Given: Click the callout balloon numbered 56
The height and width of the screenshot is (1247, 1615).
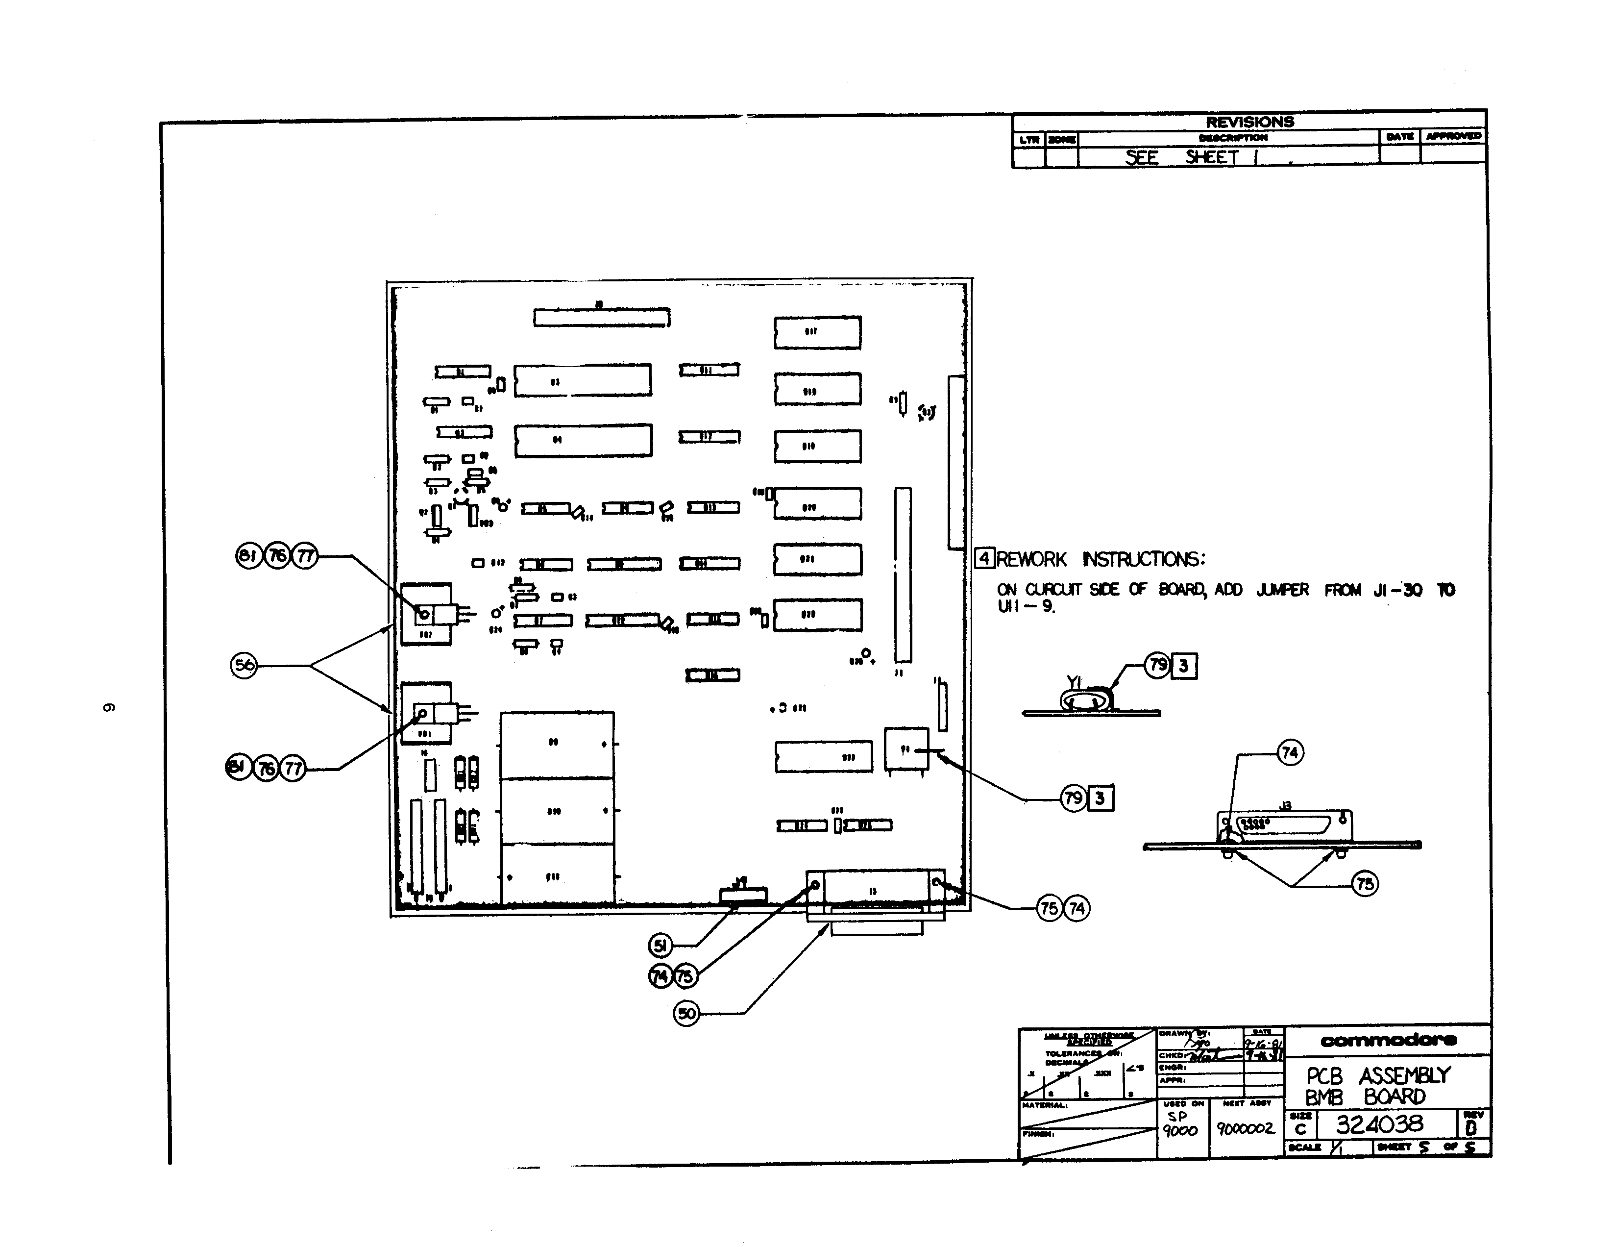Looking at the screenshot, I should click(x=244, y=665).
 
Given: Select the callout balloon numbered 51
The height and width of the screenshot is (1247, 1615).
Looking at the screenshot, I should click(x=661, y=945).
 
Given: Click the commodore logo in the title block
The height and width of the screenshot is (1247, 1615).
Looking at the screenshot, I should click(x=1388, y=1041).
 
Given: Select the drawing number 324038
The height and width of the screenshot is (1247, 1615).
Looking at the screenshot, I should click(x=1379, y=1125).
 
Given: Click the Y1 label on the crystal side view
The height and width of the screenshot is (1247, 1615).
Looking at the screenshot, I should click(x=1074, y=682).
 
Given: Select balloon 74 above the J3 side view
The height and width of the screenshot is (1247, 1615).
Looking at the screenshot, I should click(x=1290, y=753).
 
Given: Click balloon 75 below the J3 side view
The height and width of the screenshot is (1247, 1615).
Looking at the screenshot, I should click(x=1364, y=884).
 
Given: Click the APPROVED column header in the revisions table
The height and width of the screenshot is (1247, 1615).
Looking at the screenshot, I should click(x=1453, y=136).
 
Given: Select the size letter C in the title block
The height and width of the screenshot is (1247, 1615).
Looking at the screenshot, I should click(x=1300, y=1129).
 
